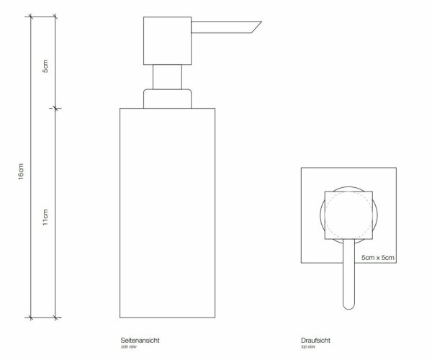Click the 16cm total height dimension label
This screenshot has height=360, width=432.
point(21,171)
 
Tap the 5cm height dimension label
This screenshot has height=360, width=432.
point(45,66)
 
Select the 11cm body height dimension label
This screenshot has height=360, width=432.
point(45,217)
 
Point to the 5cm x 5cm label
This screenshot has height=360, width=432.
point(378,258)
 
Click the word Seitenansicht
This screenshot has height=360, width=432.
point(140,340)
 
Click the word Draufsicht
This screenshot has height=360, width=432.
point(315,340)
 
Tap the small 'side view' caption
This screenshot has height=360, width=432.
point(129,347)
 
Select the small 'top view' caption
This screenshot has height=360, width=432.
point(308,347)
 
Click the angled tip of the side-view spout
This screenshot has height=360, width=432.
point(261,22)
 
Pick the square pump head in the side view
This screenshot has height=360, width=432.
point(167,41)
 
